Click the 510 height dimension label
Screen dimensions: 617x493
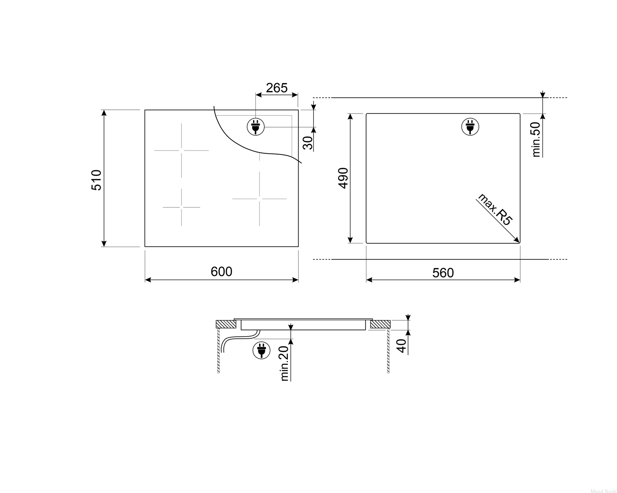pos(96,180)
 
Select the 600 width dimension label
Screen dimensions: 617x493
pos(221,271)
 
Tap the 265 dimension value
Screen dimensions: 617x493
pos(277,88)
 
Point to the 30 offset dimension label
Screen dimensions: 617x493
pos(308,143)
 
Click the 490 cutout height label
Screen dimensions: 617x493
pos(343,178)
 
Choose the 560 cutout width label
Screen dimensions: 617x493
pos(443,273)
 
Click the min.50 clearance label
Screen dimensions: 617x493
pos(536,139)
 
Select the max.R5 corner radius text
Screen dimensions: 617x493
pos(494,210)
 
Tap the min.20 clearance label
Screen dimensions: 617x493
pos(284,363)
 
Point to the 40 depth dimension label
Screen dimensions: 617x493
pos(401,346)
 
